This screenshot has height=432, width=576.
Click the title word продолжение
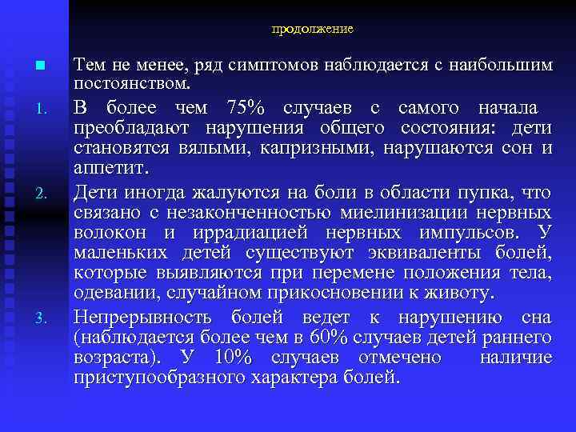(312, 29)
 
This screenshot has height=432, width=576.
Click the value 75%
(248, 108)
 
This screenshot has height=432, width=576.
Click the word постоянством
(132, 82)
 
